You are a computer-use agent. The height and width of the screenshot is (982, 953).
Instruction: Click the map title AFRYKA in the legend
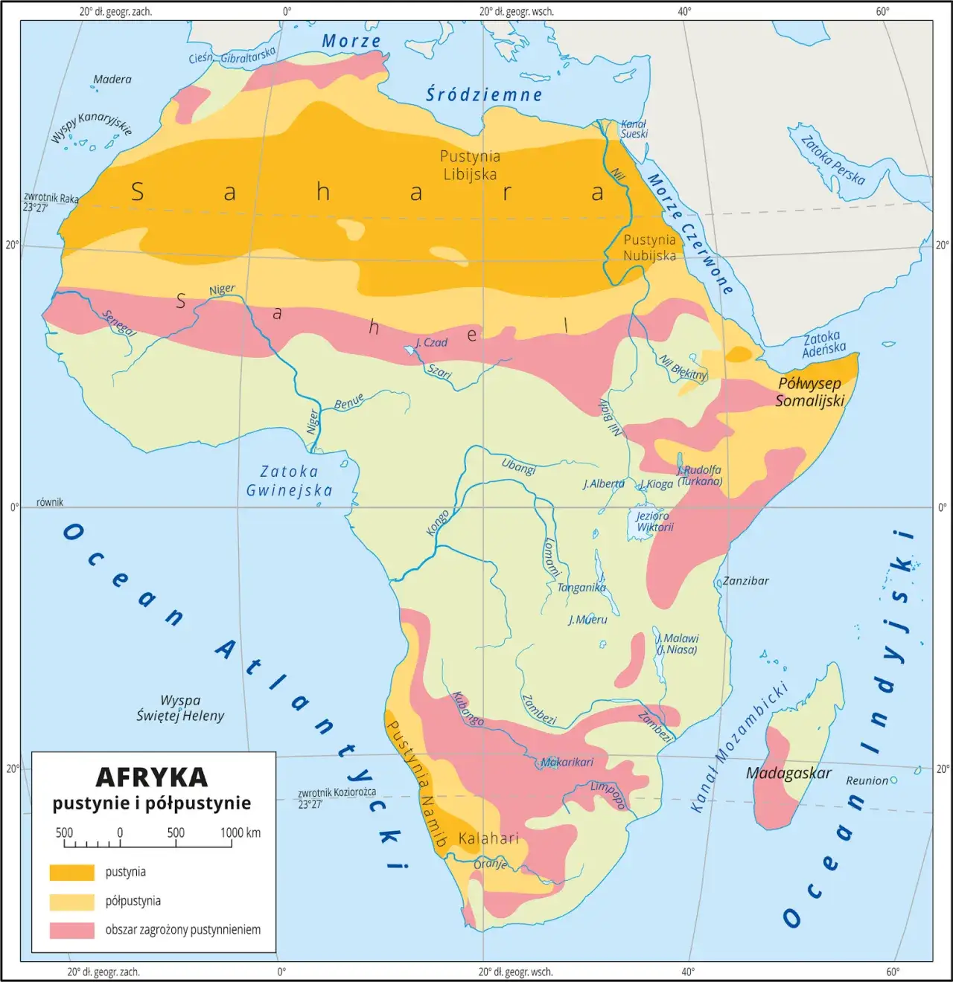point(152,777)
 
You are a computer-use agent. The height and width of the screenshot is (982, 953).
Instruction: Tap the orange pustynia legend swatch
point(71,872)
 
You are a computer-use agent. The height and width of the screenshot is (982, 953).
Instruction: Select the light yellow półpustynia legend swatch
point(71,901)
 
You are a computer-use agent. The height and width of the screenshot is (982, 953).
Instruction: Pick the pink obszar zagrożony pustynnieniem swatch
point(71,930)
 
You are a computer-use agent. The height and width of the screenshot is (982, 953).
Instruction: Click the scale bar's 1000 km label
point(240,832)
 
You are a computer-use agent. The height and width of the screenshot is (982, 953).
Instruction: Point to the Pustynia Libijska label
point(470,165)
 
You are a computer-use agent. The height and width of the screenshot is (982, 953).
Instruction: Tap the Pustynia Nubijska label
point(650,248)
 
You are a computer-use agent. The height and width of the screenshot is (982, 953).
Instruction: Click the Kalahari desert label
point(488,838)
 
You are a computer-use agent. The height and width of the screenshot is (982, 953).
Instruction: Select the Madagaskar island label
point(788,773)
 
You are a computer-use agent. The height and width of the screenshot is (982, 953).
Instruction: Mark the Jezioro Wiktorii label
point(654,522)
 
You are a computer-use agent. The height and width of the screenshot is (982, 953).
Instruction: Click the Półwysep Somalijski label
point(810,392)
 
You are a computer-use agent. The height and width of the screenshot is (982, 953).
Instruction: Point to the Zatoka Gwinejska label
point(290,481)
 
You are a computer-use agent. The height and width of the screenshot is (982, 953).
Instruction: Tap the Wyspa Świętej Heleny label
point(180,708)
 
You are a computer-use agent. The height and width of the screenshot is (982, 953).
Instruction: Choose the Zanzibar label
point(746,581)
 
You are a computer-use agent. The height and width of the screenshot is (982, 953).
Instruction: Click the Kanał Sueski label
point(634,129)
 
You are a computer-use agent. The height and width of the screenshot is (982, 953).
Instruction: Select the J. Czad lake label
point(432,342)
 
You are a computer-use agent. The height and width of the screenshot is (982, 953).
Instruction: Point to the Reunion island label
point(867,780)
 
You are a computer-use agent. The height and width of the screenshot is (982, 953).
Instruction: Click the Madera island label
point(112,79)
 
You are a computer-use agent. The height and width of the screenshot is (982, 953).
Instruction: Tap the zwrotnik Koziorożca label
point(337,798)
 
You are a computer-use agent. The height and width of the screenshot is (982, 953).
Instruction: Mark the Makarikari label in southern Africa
point(567,762)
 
